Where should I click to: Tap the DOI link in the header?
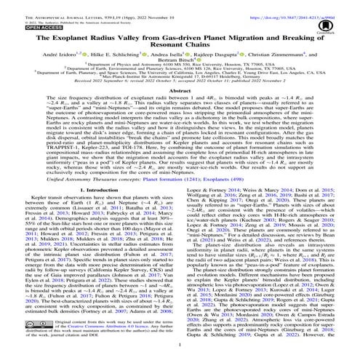[x=306, y=6]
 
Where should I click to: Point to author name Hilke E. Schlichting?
[x=127, y=56]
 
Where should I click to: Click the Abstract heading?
[x=180, y=103]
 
